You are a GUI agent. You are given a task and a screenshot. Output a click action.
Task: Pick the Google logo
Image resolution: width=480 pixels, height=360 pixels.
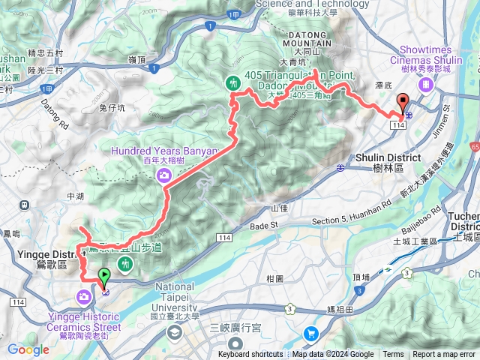28,349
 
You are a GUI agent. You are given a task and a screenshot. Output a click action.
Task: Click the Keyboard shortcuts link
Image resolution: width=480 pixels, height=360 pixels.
250,355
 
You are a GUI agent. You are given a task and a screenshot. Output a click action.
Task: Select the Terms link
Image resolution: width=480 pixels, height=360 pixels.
393,355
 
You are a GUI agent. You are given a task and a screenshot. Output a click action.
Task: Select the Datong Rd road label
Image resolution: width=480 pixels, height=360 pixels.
55,111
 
